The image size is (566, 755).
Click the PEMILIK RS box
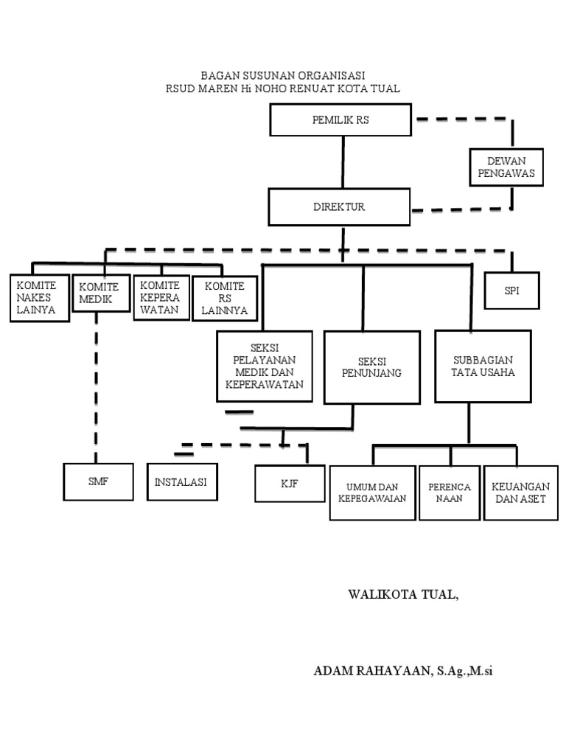pyautogui.click(x=340, y=120)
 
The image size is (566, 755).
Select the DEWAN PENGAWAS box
pyautogui.click(x=506, y=167)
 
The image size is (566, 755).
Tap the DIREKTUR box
pyautogui.click(x=339, y=207)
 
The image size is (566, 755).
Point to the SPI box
pyautogui.click(x=512, y=290)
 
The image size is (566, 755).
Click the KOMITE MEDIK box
pyautogui.click(x=102, y=293)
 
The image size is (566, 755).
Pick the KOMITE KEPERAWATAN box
pyautogui.click(x=161, y=297)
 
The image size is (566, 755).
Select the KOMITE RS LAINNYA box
pyautogui.click(x=225, y=298)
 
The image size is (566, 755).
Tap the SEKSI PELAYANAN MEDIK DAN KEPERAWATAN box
pyautogui.click(x=265, y=366)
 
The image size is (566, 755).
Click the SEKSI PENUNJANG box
pyautogui.click(x=372, y=367)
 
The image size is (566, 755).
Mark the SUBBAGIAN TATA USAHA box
pyautogui.click(x=483, y=366)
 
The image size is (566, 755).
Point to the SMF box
pyautogui.click(x=98, y=482)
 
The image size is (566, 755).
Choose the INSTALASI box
pyautogui.click(x=182, y=482)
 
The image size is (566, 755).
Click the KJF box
pyautogui.click(x=290, y=484)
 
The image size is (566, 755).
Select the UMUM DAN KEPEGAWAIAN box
pyautogui.click(x=372, y=493)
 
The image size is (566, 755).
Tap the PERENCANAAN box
pyautogui.click(x=450, y=493)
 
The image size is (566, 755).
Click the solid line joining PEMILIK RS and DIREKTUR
pyautogui.click(x=343, y=162)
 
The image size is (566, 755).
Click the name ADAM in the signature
pyautogui.click(x=333, y=671)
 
